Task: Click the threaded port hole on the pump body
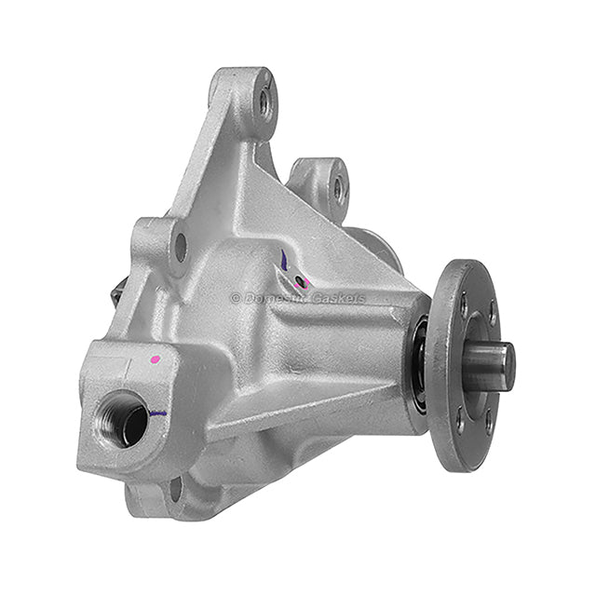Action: click(x=122, y=418)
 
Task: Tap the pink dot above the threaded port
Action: click(x=155, y=359)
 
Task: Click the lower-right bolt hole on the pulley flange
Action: click(x=489, y=423)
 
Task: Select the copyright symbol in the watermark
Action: click(x=236, y=299)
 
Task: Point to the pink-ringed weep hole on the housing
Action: click(x=300, y=280)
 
